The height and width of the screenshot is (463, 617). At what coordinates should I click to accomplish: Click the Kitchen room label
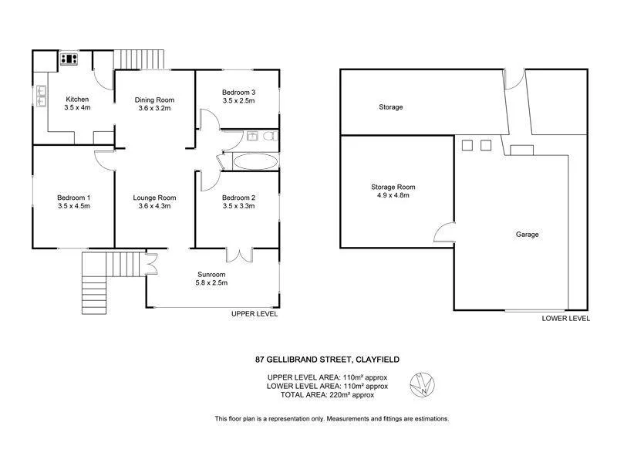pos(77,100)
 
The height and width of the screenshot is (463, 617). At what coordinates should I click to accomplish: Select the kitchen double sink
pos(40,95)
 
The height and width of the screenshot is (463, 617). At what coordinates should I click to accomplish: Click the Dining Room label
pos(154,100)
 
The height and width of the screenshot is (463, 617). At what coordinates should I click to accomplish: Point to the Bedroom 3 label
pos(238,93)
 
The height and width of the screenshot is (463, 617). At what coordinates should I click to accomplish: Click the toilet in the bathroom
pos(268,137)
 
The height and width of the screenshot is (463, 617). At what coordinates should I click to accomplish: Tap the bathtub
pos(255,161)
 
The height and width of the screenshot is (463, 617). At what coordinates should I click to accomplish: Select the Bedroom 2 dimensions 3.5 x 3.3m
pos(238,206)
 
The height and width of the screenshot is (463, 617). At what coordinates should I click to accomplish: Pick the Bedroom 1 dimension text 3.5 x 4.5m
pos(74,206)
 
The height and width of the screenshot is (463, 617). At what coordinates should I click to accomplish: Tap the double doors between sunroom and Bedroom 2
pos(240,255)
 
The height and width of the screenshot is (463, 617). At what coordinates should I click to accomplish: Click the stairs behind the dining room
pos(140,59)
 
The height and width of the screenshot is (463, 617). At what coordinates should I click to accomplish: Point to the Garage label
pos(528,235)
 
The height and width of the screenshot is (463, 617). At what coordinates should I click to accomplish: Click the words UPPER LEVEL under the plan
pos(255,315)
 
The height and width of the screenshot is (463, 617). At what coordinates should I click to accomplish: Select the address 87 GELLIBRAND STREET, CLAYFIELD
pos(328,359)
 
